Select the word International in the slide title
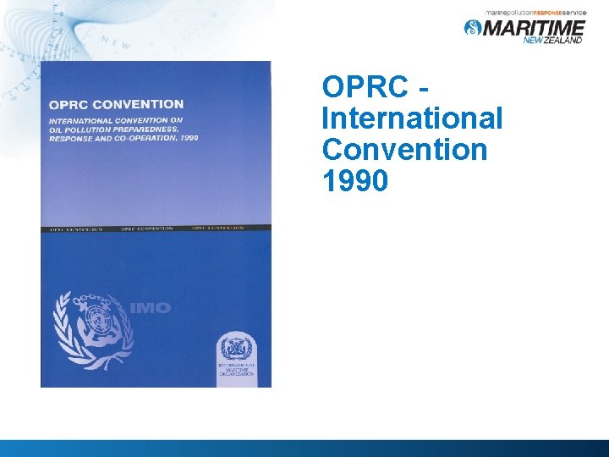(412, 118)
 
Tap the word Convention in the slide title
(404, 149)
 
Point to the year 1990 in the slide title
(355, 179)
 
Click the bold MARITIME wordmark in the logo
(533, 27)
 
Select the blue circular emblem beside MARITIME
(472, 27)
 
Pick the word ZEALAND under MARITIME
(566, 40)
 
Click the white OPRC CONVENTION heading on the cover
(116, 105)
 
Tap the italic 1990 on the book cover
(188, 137)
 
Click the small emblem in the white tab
(236, 349)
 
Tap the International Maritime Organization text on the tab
(236, 370)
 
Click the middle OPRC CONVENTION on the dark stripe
(147, 228)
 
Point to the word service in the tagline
(572, 14)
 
